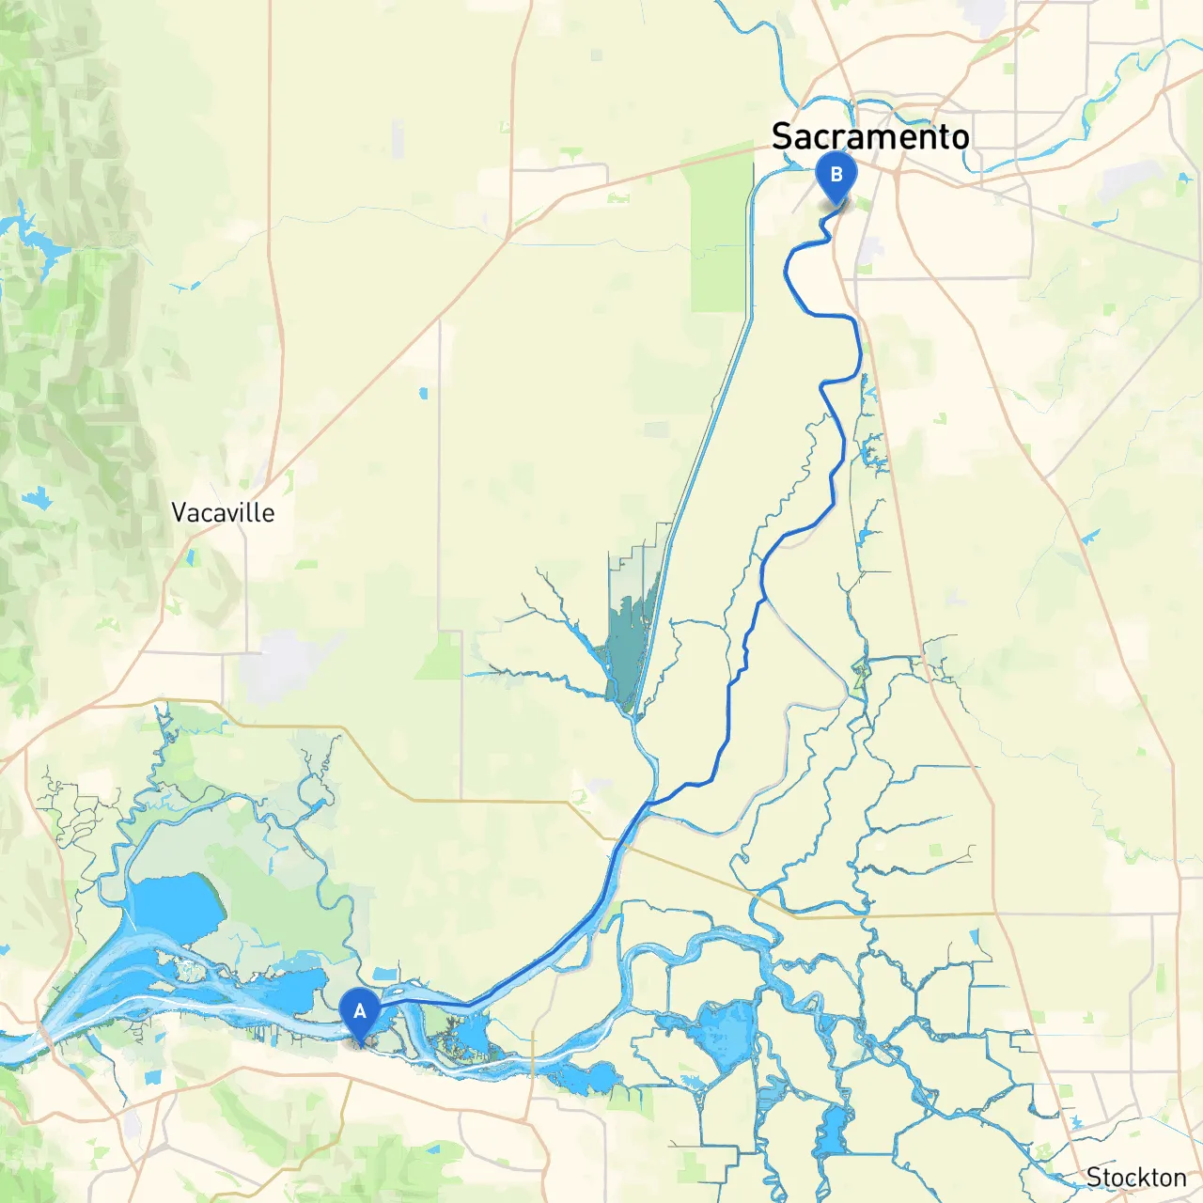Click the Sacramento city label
[x=870, y=137]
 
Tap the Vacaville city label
[x=223, y=513]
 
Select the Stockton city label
[x=1136, y=1178]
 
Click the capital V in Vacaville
[x=180, y=513]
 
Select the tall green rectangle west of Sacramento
[x=720, y=240]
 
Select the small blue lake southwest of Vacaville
[x=39, y=499]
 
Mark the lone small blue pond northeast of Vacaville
[x=424, y=393]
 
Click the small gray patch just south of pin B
[x=870, y=250]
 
